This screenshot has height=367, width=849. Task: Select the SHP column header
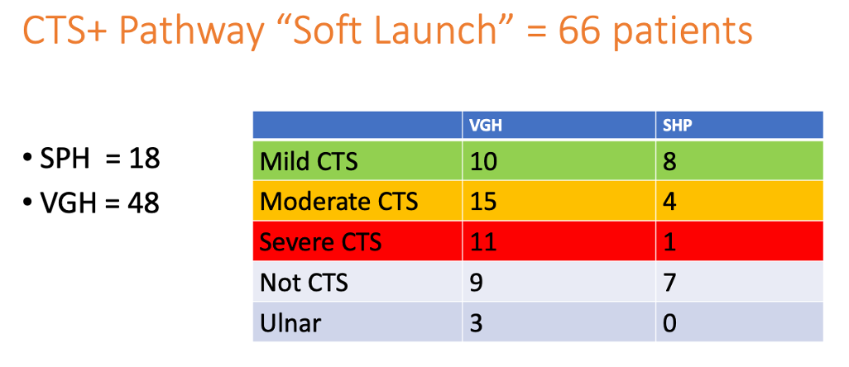coord(673,125)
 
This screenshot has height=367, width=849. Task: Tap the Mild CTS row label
coord(309,162)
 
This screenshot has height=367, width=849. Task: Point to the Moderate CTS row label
coord(339,202)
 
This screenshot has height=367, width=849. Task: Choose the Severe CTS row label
coord(320,241)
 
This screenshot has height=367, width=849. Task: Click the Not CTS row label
coord(304,283)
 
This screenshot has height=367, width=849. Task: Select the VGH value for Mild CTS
coord(483,162)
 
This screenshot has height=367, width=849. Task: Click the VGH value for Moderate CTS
coord(483,202)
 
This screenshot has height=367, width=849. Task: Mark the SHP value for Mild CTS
coord(669,162)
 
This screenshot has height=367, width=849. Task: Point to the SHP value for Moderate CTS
coord(669,202)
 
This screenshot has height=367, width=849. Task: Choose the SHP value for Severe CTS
coord(669,241)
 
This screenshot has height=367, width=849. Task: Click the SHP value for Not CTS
coord(669,283)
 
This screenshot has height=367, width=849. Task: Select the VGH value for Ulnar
coord(476,323)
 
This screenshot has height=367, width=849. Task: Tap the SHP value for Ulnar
coord(669,323)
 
